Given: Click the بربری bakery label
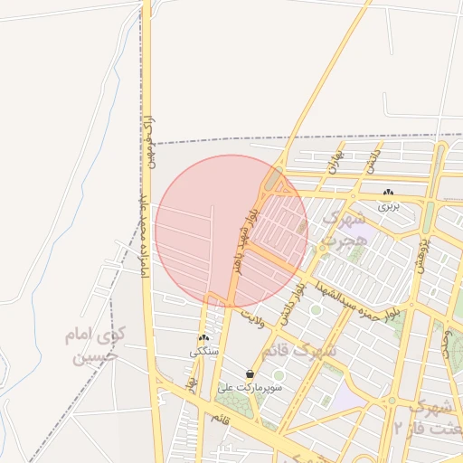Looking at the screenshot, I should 388,206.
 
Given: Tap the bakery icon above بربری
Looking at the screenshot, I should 388,193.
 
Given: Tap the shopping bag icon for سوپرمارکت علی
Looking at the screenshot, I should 250,373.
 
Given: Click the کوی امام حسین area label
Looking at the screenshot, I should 94,345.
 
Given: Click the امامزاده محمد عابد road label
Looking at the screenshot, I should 142,244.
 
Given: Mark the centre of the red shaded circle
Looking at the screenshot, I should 231,231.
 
